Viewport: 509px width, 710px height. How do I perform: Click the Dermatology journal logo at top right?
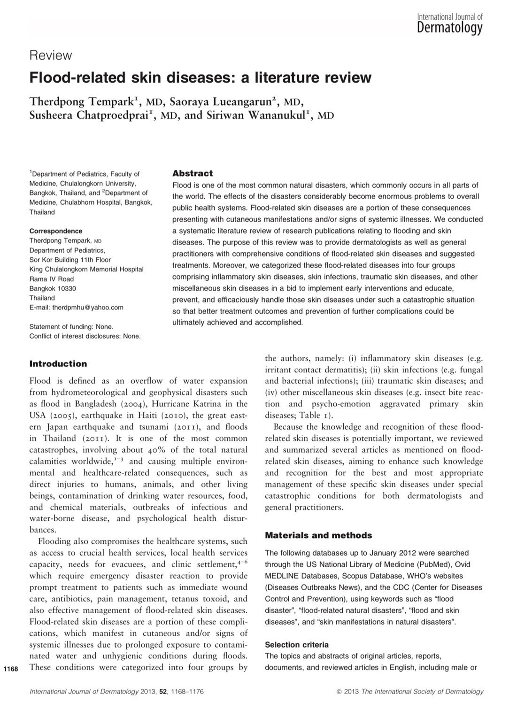(449, 24)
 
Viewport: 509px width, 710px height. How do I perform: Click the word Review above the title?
(51, 55)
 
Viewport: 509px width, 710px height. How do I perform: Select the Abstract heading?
(193, 173)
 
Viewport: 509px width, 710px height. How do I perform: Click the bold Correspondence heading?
(56, 231)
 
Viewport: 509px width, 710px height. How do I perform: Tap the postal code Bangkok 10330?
(53, 288)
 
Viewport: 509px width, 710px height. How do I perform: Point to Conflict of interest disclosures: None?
(85, 336)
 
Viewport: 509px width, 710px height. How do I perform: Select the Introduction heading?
(58, 364)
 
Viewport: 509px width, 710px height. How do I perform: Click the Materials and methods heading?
(318, 535)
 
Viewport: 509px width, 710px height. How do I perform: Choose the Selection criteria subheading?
(297, 645)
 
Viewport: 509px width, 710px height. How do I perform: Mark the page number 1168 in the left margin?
(10, 669)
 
